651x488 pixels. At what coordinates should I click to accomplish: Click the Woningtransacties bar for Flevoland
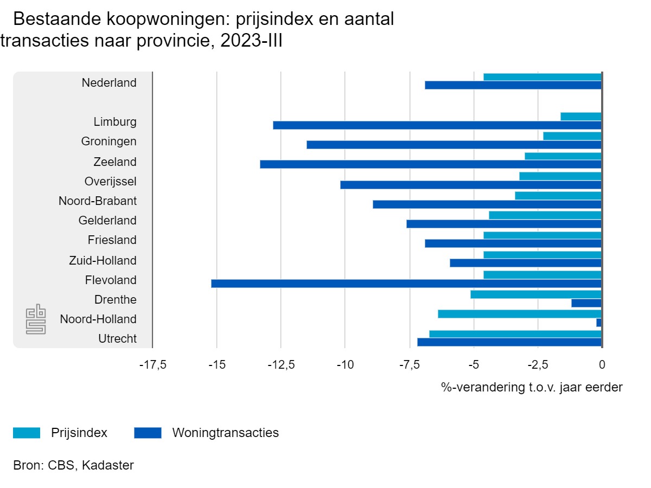[x=406, y=284]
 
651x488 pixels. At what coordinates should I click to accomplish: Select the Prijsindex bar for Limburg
[x=581, y=117]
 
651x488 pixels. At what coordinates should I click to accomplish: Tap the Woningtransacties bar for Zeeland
[x=431, y=164]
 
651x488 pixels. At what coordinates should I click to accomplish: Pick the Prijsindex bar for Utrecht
[x=515, y=334]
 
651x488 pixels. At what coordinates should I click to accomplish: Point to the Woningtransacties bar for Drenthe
[x=586, y=303]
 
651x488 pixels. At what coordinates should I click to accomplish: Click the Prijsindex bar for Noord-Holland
[x=520, y=314]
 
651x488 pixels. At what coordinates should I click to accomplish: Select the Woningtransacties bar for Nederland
[x=513, y=85]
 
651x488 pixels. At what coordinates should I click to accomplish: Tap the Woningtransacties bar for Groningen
[x=454, y=145]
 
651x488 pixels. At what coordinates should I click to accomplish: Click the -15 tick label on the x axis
[x=216, y=365]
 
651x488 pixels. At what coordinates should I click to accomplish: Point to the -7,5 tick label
[x=409, y=365]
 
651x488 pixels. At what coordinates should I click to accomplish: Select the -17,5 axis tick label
[x=152, y=365]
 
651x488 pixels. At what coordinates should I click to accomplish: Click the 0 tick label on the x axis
[x=602, y=365]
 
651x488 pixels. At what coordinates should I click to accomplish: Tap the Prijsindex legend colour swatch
[x=27, y=433]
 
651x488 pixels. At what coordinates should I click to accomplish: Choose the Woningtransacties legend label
[x=225, y=433]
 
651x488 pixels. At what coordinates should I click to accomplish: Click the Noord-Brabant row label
[x=98, y=201]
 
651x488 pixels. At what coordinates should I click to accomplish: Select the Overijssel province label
[x=111, y=181]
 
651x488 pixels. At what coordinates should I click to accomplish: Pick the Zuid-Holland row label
[x=103, y=260]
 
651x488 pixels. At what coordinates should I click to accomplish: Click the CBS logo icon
[x=36, y=320]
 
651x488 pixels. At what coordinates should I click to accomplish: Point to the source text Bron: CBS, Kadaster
[x=73, y=465]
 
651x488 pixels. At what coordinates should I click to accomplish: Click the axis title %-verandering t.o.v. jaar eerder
[x=532, y=387]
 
